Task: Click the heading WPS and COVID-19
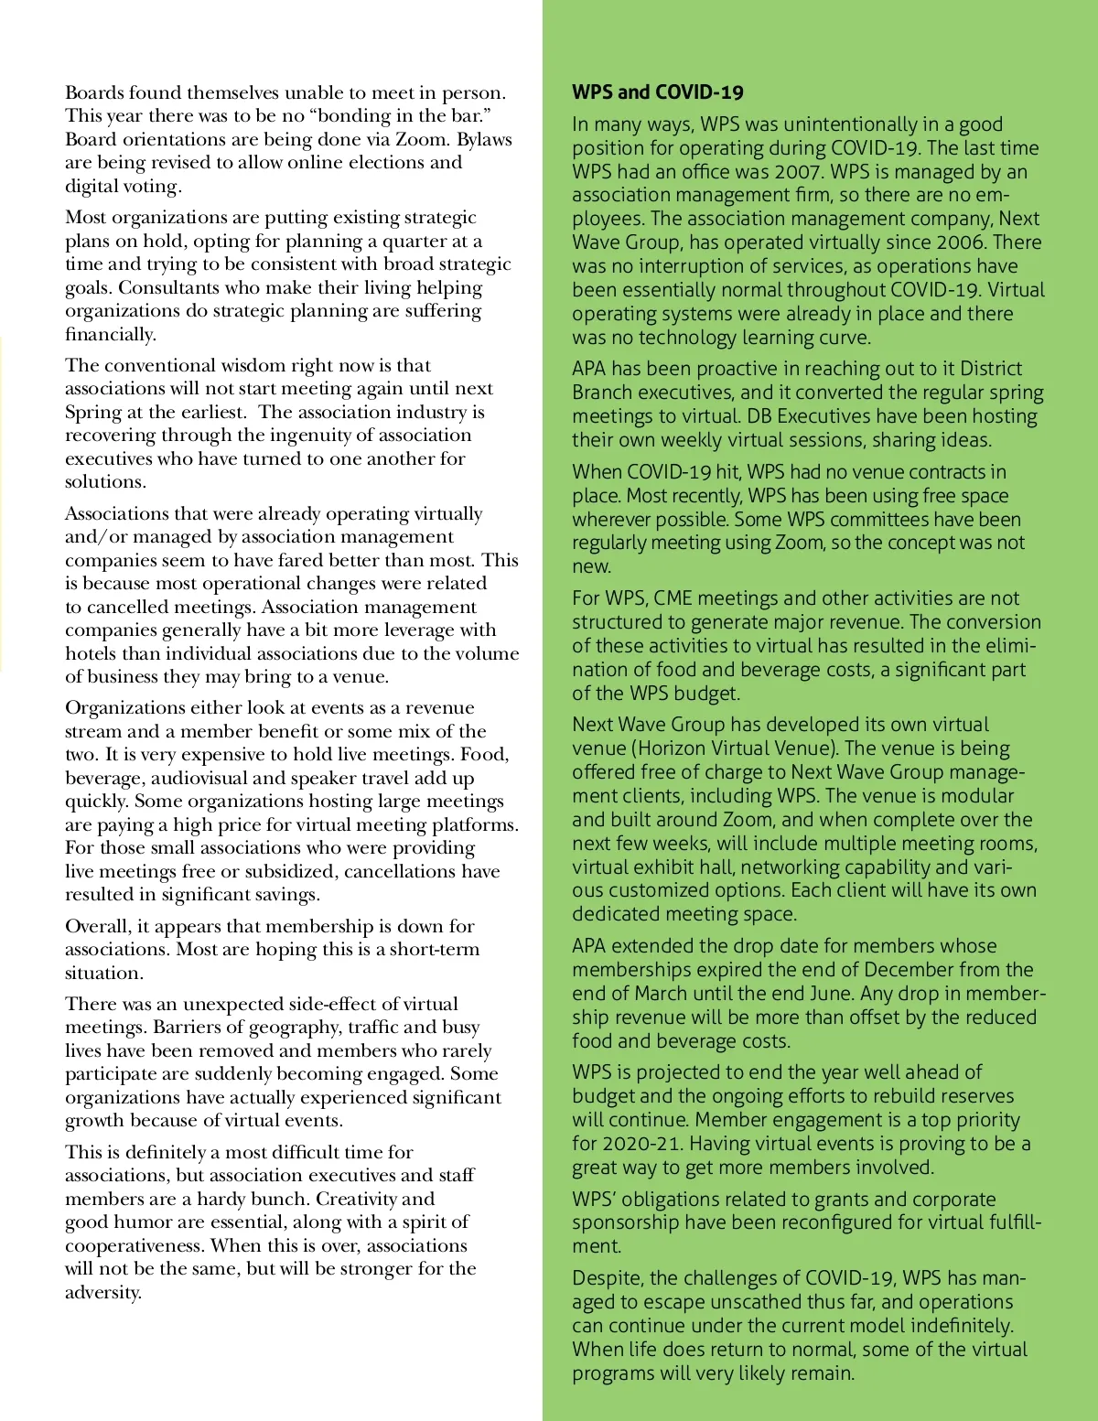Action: point(657,92)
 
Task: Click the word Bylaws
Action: point(484,139)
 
